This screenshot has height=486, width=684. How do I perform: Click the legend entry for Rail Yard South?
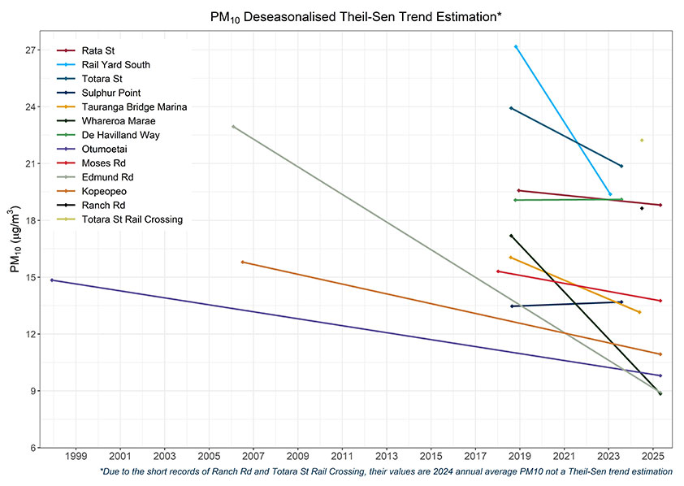coord(115,65)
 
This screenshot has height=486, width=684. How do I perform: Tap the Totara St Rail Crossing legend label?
coord(132,219)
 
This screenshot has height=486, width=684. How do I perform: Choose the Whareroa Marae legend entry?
coord(118,121)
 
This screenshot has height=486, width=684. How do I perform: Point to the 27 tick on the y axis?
coord(32,50)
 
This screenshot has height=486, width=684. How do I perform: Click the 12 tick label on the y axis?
coord(32,334)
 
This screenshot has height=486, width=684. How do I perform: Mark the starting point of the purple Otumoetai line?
coord(52,280)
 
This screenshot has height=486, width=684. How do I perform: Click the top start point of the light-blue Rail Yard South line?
coord(516,47)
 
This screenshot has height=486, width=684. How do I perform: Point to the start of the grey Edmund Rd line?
coord(233,127)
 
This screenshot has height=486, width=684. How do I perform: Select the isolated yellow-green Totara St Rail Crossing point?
coord(642,141)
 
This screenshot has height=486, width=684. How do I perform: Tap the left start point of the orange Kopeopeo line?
coord(242,263)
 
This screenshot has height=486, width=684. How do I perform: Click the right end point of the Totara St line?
coord(621,167)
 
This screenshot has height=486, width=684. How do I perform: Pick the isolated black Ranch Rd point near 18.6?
coord(642,209)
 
